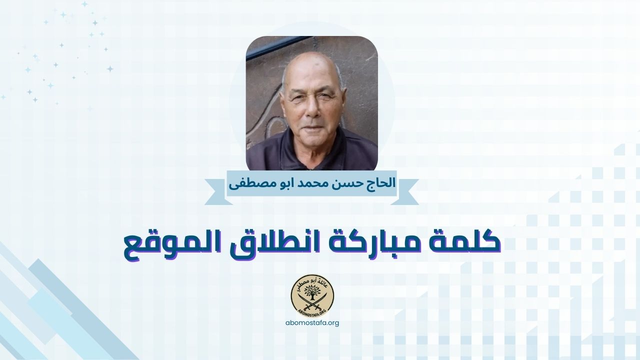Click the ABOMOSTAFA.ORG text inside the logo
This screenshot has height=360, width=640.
coord(313,311)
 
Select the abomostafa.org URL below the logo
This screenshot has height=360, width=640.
coord(312,322)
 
